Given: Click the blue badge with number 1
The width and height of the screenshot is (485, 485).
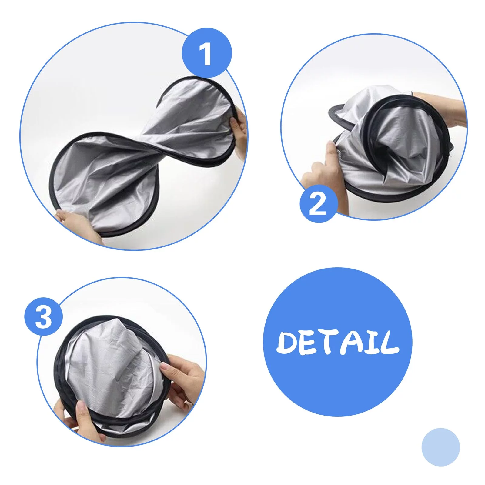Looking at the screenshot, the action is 207,53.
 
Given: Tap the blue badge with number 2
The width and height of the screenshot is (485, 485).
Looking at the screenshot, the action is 318,203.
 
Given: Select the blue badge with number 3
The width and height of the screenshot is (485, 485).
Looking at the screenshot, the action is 44,316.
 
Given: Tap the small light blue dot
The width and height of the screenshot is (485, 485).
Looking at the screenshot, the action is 440,447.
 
